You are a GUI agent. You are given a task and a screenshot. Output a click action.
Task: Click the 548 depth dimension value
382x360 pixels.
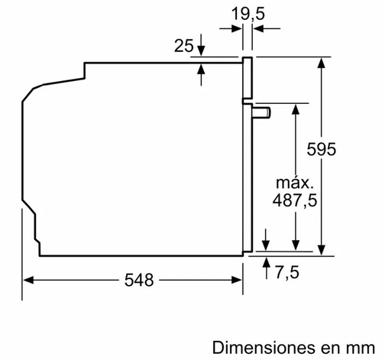coord(134,280)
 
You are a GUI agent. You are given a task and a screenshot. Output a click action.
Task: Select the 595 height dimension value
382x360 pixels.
coord(322,150)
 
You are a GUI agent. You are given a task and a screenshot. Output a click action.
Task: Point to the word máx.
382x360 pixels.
coord(293,183)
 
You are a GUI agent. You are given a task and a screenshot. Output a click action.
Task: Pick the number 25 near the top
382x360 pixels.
coord(183,47)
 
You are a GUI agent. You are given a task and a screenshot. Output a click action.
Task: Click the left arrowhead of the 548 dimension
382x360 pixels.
coord(26,280)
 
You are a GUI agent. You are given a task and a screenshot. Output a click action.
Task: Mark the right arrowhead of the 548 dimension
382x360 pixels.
coord(238,280)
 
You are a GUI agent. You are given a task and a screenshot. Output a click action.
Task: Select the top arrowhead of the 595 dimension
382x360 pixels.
coord(322,60)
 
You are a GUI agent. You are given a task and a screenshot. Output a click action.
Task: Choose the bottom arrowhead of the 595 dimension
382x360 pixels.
coord(322,245)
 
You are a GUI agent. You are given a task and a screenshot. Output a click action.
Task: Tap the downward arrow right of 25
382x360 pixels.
coord(202,47)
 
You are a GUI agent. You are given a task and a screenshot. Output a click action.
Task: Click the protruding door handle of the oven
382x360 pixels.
coord(261,113)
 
